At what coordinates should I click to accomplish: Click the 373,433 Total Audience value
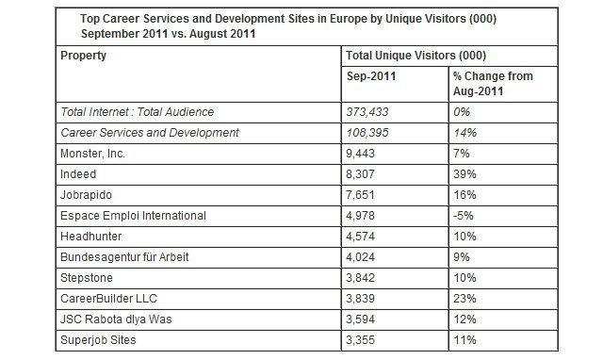[x=367, y=112]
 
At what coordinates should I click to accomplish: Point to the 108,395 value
[x=367, y=133]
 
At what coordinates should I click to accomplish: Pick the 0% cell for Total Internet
[x=461, y=112]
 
